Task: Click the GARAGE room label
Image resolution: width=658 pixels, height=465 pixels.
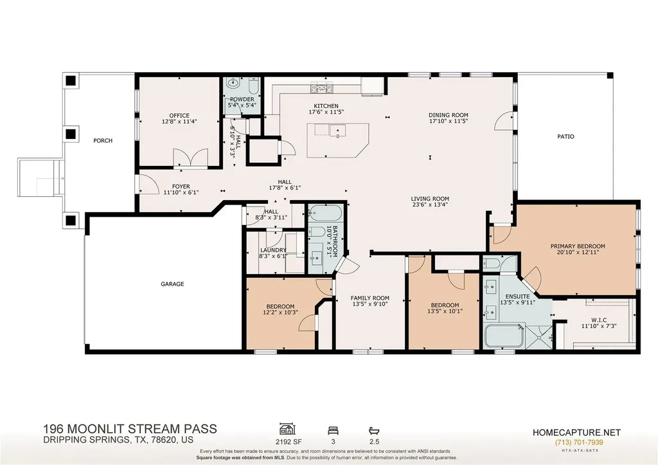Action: point(172,284)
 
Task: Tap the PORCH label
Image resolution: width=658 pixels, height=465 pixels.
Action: point(103,141)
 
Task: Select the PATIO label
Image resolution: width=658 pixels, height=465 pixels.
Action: point(565,136)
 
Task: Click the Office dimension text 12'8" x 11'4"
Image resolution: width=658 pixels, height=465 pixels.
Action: point(179,122)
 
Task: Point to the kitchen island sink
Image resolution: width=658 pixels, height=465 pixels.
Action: point(337,131)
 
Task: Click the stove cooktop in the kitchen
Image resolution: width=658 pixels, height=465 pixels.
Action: point(321,88)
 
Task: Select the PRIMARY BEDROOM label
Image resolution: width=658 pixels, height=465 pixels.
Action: point(578,246)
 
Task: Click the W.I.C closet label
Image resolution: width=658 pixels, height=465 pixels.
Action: point(600,320)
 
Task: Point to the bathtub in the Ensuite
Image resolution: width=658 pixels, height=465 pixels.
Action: point(504,336)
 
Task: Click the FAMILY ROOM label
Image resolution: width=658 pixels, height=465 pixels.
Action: point(369,298)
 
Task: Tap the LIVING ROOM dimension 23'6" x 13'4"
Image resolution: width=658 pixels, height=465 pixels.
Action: point(430,205)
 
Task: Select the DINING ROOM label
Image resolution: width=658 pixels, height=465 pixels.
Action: point(448,115)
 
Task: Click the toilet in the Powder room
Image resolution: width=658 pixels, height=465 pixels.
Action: point(253,86)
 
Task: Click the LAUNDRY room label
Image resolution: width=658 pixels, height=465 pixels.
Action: point(273,250)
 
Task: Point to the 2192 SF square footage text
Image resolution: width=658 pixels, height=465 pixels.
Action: point(289,442)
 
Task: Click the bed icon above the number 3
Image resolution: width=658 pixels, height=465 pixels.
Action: point(333,430)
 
